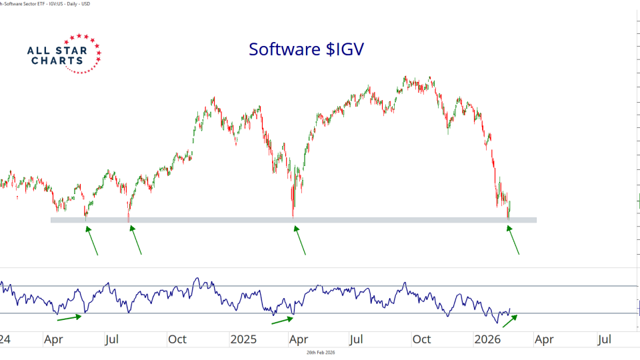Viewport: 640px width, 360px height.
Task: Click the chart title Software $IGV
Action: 307,49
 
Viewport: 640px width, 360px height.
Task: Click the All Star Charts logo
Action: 64,53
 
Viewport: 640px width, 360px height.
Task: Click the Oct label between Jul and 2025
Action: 177,339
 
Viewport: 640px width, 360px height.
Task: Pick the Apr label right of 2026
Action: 544,339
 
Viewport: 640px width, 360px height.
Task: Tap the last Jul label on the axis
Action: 604,339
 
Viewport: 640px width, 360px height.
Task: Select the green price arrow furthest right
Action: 513,240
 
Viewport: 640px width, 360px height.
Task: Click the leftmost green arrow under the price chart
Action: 92,241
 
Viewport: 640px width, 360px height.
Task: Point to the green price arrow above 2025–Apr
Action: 300,240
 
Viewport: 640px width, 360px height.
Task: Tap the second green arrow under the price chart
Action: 136,240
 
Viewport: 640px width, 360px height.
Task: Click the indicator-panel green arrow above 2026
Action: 509,321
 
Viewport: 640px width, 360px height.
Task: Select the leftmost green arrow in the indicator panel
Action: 69,317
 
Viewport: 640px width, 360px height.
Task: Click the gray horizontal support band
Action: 293,219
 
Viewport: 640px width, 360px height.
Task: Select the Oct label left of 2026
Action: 421,339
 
